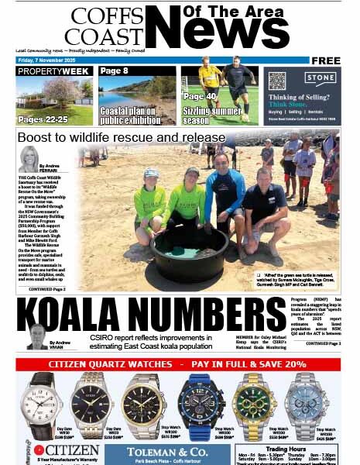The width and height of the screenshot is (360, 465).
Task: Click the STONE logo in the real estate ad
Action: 318,77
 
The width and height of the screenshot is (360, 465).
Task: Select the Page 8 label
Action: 115,71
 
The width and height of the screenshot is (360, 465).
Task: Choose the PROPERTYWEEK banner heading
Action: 53,71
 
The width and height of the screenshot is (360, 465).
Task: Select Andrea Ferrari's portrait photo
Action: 29,158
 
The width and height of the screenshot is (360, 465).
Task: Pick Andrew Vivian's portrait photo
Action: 36,336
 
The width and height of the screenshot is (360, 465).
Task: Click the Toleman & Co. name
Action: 170,449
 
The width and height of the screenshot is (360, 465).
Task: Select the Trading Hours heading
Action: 287,448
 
